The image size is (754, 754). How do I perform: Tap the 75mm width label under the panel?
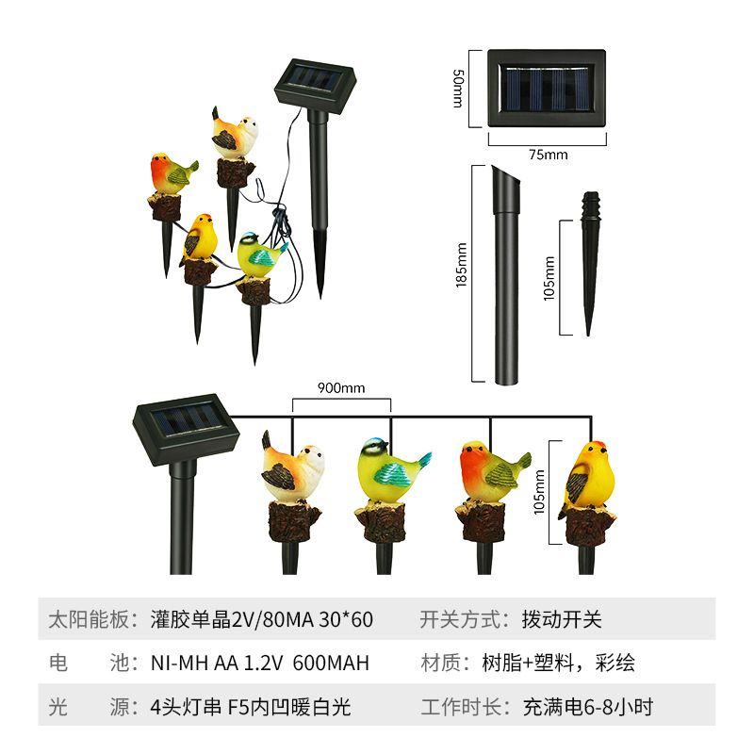pos(546,155)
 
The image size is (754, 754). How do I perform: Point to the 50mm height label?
pos(459,88)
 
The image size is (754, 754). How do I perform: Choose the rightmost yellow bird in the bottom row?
pos(589,476)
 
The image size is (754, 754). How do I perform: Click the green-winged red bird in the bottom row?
pos(489,471)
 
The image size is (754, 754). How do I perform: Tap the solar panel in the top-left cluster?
pos(315,82)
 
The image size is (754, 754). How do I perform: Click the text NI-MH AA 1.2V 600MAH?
pos(259,663)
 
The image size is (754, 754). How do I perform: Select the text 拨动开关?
pos(562,619)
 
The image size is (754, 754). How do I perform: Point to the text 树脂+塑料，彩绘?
pos(579,663)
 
